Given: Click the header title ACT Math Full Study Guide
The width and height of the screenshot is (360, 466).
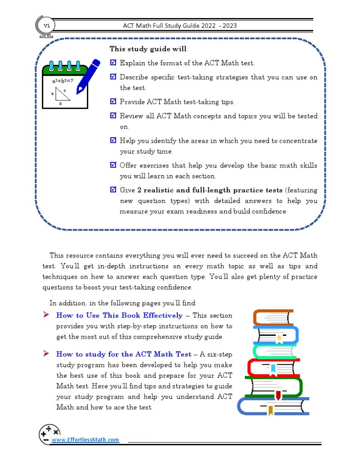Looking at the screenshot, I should point(180,26).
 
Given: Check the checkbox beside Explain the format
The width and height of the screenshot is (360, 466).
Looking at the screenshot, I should point(113,63).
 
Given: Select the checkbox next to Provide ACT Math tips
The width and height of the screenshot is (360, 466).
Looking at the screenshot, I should point(113,102).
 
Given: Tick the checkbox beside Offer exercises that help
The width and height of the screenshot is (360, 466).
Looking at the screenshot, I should point(113,165).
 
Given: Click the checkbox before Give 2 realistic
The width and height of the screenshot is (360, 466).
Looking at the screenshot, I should point(113,190).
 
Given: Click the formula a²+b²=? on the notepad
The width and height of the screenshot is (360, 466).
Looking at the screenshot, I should point(62,81).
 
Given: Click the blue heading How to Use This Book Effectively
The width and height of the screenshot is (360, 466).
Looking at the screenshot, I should point(119,315).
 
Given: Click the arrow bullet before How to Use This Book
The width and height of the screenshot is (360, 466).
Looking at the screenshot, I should point(46,315).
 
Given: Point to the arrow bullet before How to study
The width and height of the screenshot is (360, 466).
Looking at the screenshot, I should point(46,354).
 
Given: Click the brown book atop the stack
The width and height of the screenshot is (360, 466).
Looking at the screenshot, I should point(273,317).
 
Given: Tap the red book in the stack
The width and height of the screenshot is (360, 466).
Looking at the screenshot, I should point(273,368).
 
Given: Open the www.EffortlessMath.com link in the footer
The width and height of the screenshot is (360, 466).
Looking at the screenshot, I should point(85,440).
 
